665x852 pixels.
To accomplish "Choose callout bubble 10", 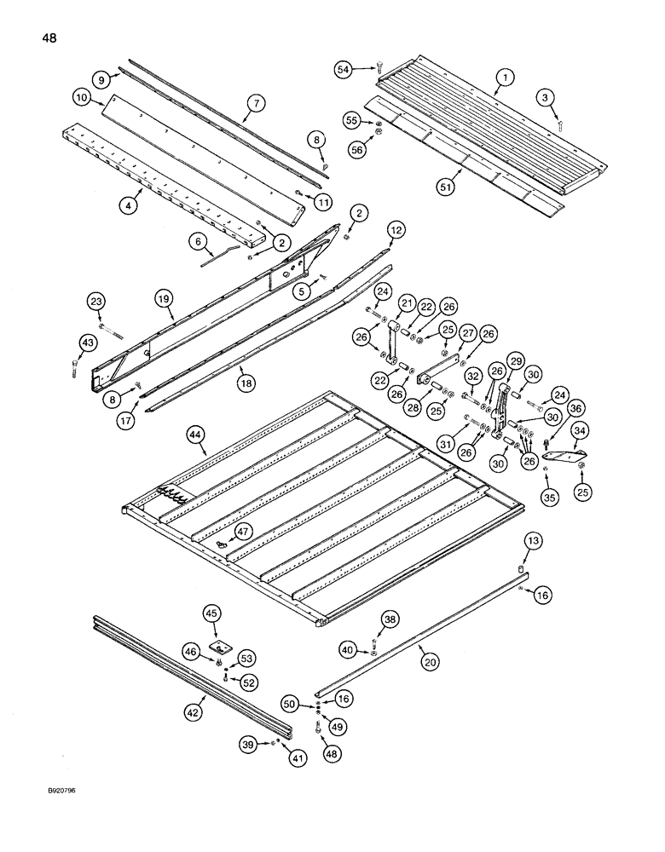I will click(x=82, y=99).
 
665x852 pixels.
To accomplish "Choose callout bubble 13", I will click(x=533, y=541).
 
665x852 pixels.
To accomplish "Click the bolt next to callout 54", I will click(x=378, y=67).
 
